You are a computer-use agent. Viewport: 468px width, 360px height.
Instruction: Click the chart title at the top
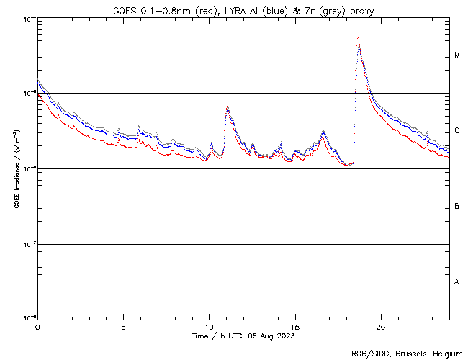[244, 11]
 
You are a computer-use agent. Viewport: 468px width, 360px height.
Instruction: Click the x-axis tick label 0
[37, 326]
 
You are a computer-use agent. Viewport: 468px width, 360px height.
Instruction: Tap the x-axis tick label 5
[123, 326]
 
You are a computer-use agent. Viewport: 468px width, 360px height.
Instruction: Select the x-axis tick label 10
[209, 326]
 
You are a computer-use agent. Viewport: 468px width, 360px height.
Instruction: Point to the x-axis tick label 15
[295, 326]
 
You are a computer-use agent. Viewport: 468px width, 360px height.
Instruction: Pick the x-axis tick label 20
[381, 326]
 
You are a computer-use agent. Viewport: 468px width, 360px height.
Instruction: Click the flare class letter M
[457, 55]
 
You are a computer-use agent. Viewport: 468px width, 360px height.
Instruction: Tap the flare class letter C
[457, 131]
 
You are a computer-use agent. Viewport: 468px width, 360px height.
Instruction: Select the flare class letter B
[457, 207]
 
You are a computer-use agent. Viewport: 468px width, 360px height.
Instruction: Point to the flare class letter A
[457, 282]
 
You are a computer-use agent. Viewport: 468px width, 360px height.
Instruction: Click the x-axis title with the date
[244, 336]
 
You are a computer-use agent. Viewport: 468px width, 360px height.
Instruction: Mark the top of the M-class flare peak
[358, 38]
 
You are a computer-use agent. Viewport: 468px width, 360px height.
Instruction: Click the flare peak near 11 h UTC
[228, 107]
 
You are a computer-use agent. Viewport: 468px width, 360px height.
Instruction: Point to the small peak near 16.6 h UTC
[323, 132]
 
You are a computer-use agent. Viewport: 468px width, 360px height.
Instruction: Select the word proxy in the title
[361, 11]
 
